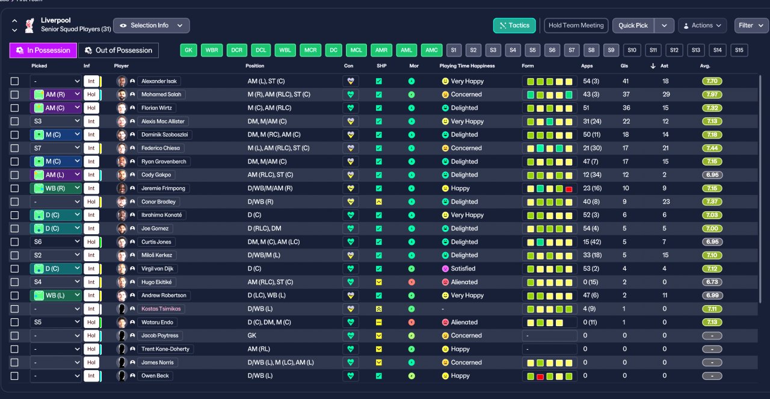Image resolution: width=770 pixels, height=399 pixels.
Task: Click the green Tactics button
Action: pyautogui.click(x=514, y=25)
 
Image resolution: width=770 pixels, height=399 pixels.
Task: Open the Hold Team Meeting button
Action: pyautogui.click(x=576, y=25)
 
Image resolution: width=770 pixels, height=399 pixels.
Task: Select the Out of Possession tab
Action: pyautogui.click(x=119, y=50)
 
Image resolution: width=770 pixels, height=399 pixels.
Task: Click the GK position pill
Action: pyautogui.click(x=188, y=50)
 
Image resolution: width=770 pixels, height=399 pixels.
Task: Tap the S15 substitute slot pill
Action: pyautogui.click(x=739, y=50)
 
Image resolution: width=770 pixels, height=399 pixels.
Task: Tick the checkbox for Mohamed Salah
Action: pyautogui.click(x=14, y=94)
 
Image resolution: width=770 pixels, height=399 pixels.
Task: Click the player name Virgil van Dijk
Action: pyautogui.click(x=157, y=268)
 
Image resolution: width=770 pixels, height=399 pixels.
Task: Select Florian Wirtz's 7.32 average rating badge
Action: pyautogui.click(x=712, y=108)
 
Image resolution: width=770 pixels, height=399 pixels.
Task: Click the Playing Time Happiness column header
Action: pyautogui.click(x=467, y=66)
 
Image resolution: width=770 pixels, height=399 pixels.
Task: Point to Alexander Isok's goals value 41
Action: pyautogui.click(x=626, y=81)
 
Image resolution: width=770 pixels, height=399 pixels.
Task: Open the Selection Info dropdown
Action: pyautogui.click(x=151, y=25)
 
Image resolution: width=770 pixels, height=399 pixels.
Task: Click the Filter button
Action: pyautogui.click(x=751, y=25)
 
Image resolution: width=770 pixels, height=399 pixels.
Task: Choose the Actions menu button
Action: pyautogui.click(x=702, y=25)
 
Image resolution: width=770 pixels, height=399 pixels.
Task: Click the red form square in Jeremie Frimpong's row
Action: pyautogui.click(x=569, y=189)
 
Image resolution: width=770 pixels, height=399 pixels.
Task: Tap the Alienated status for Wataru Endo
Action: pyautogui.click(x=464, y=323)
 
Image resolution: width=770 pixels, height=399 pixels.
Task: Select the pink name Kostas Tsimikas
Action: pyautogui.click(x=161, y=309)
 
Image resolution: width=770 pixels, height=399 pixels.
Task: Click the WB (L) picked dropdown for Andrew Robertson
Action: pyautogui.click(x=56, y=295)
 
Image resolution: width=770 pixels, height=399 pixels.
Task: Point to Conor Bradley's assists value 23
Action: pyautogui.click(x=666, y=202)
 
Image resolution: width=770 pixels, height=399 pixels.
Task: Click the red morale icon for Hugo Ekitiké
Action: pyautogui.click(x=411, y=282)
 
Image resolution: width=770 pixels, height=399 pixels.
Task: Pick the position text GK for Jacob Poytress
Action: pyautogui.click(x=252, y=335)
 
